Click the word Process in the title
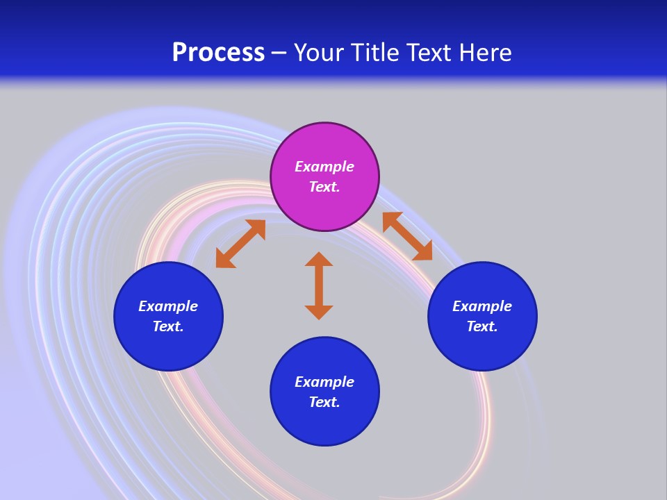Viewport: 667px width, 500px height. tap(218, 53)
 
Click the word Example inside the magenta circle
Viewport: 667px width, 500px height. tap(324, 167)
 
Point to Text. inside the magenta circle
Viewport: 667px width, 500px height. tap(324, 187)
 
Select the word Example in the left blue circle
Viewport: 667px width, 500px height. tap(168, 306)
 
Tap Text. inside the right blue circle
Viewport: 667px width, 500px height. tap(482, 326)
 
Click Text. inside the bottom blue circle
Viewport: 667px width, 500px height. tap(324, 402)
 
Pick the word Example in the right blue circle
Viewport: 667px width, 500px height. tap(482, 306)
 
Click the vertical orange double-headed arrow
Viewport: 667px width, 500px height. tap(319, 285)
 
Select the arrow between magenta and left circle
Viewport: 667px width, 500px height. tap(240, 244)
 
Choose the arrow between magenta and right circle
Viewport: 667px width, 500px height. tap(407, 236)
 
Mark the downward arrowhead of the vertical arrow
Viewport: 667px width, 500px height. tap(319, 312)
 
